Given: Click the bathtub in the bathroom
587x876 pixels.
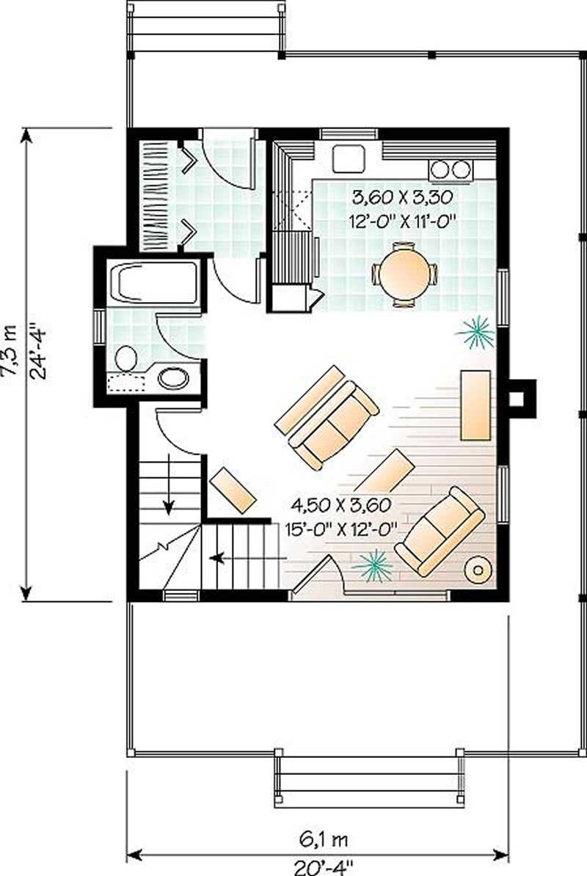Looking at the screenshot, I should click(153, 282).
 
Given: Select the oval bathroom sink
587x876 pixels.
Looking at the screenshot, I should click(174, 378).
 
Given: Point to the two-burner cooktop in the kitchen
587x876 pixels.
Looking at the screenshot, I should click(451, 169).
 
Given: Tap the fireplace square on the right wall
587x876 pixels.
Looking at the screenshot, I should click(517, 398).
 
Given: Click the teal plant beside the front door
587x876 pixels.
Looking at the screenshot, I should click(373, 565).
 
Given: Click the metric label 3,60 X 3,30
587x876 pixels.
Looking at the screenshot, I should click(401, 196).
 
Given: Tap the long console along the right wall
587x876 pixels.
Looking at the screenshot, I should click(475, 405).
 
